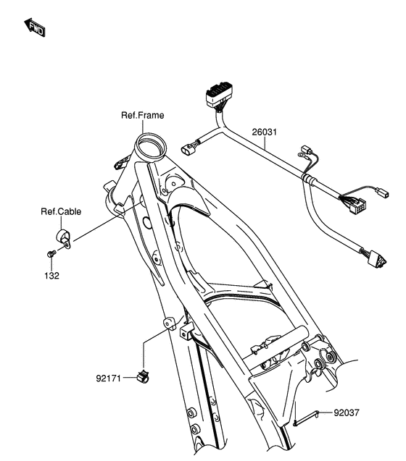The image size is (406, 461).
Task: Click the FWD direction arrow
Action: (x=36, y=28)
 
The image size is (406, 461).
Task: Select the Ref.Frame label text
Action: (x=142, y=115)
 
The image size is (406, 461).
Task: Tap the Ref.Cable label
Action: (x=60, y=212)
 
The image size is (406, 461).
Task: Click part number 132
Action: (x=50, y=276)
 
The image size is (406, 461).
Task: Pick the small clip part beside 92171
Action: (x=143, y=375)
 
